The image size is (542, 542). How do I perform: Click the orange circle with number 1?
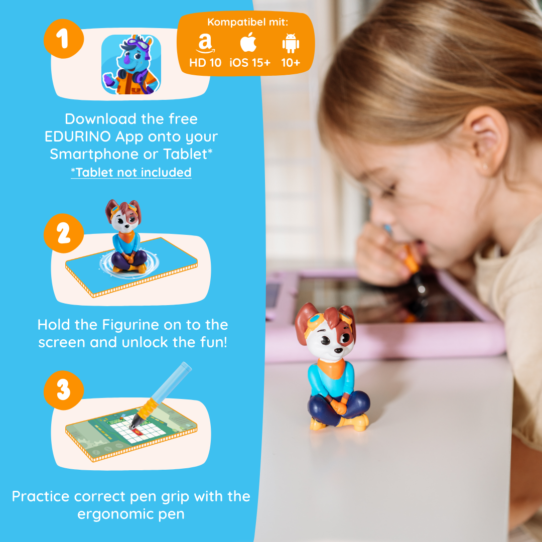[x=64, y=39]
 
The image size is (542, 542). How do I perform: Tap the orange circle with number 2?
[x=64, y=233]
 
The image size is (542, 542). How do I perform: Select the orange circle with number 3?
[x=64, y=390]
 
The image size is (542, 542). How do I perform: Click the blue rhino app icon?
[x=131, y=64]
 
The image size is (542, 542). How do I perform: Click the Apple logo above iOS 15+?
[x=248, y=42]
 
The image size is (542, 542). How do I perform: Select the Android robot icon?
[x=291, y=43]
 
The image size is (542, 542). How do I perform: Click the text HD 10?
[x=205, y=63]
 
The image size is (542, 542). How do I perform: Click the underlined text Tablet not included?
[x=131, y=172]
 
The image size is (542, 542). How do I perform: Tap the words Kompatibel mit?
[x=247, y=22]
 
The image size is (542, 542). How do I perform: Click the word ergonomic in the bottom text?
[x=114, y=514]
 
